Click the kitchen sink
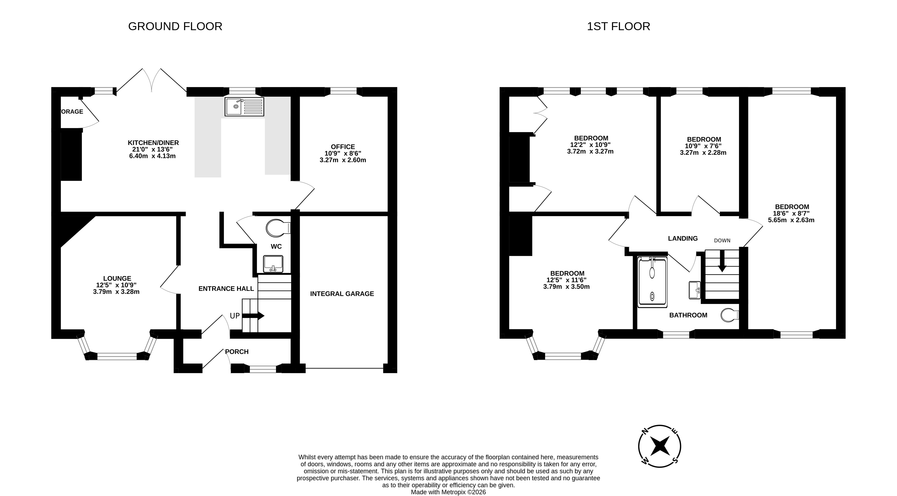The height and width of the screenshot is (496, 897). [x=245, y=107]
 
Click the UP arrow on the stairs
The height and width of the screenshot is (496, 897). [x=253, y=316]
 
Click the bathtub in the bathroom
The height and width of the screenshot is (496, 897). [x=652, y=282]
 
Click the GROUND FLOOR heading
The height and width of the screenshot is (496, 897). [x=175, y=26]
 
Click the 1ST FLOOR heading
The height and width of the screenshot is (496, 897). [x=618, y=26]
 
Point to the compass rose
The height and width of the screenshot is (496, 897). [x=660, y=446]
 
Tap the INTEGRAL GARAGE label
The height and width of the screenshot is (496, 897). [x=342, y=294]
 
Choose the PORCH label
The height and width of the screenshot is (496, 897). [x=237, y=352]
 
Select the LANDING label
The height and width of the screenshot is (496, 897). [x=683, y=239]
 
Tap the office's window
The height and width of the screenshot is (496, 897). [x=343, y=91]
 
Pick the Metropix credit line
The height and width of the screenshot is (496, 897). [x=448, y=492]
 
